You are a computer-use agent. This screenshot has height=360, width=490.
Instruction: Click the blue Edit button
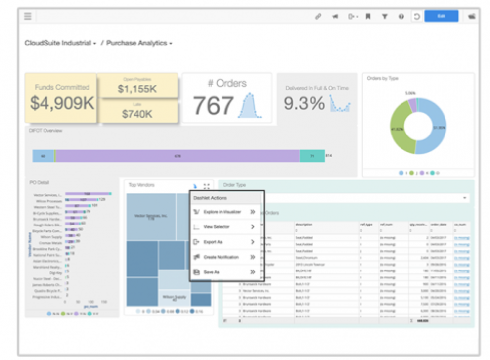(x=441, y=16)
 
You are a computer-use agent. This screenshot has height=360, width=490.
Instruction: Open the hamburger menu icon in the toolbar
(x=28, y=16)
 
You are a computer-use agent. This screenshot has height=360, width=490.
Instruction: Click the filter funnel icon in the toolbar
(x=384, y=16)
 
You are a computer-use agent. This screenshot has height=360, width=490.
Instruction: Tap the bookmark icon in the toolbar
(x=368, y=16)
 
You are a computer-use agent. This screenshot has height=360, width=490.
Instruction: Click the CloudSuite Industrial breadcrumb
(x=58, y=43)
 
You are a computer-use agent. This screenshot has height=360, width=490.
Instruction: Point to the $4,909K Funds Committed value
(x=62, y=103)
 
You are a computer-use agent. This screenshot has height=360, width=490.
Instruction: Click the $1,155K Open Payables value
(x=137, y=89)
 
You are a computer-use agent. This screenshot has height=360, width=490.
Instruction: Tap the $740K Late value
(x=137, y=114)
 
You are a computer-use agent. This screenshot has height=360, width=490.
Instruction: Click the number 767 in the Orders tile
(x=213, y=106)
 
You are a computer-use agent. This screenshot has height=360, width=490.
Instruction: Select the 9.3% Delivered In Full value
(x=304, y=103)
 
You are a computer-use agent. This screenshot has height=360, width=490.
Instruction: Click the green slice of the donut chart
(x=402, y=130)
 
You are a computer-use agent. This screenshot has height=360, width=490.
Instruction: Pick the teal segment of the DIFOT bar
(x=312, y=156)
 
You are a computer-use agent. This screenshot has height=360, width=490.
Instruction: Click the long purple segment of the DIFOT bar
(x=178, y=156)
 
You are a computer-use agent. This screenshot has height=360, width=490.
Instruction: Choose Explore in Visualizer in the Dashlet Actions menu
(x=222, y=212)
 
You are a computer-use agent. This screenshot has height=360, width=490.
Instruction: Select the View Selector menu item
(x=216, y=227)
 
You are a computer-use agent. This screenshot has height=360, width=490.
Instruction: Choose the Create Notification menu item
(x=221, y=257)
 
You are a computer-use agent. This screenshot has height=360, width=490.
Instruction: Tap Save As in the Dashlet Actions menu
(x=211, y=272)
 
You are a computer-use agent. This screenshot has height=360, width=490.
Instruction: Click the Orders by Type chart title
(x=382, y=78)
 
